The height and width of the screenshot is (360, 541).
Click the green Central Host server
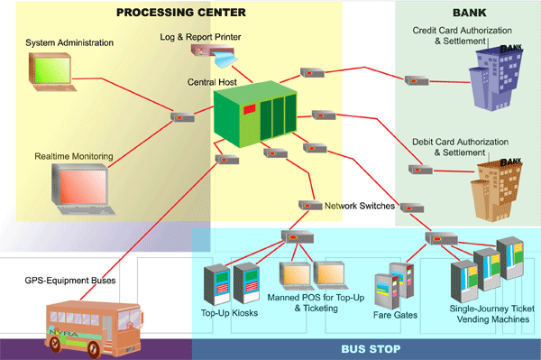click(256, 115)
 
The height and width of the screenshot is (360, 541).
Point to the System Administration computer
click(56, 72)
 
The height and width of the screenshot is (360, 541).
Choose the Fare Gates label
click(394, 315)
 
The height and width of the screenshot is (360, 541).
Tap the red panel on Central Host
click(249, 108)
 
